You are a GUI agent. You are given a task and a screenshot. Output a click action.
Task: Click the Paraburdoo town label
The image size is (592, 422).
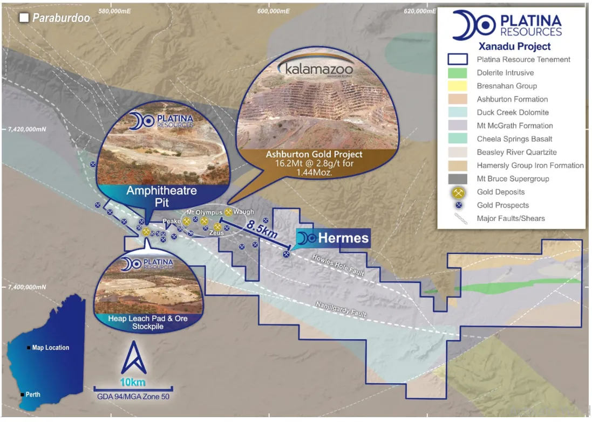(61, 18)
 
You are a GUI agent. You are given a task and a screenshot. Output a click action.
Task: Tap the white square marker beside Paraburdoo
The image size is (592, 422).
(24, 18)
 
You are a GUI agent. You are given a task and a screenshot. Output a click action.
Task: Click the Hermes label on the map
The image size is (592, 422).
(343, 238)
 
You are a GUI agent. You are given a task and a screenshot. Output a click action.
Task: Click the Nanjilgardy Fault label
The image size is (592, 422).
(341, 310)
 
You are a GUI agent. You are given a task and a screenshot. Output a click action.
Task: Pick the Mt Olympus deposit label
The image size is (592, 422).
(204, 212)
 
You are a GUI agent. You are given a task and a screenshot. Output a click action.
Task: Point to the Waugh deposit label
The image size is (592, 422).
(244, 212)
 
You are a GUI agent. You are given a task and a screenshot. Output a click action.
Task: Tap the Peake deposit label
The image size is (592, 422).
(172, 221)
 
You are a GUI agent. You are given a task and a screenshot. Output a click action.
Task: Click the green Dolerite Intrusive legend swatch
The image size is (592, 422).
(457, 73)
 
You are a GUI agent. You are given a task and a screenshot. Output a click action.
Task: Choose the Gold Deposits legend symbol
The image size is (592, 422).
(457, 192)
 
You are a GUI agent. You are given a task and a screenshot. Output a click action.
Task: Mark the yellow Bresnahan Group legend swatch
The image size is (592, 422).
(457, 86)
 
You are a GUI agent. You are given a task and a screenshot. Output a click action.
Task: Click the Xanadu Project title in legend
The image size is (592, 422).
(514, 46)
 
